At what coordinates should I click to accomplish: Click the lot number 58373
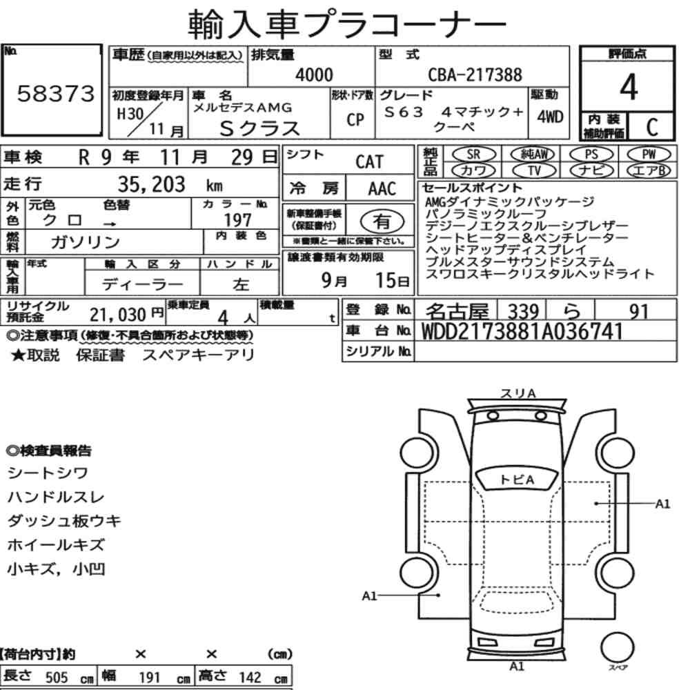[x=55, y=93]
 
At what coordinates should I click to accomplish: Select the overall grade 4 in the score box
[x=629, y=87]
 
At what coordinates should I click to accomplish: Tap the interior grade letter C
[x=652, y=127]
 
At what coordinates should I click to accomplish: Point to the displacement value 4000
[x=314, y=75]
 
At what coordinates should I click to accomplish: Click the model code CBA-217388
[x=475, y=75]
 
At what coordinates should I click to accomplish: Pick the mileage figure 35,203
[x=151, y=184]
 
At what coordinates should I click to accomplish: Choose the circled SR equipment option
[x=473, y=155]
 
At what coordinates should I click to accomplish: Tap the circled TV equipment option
[x=534, y=170]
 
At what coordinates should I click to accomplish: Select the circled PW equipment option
[x=649, y=155]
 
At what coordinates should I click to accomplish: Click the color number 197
[x=237, y=219]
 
